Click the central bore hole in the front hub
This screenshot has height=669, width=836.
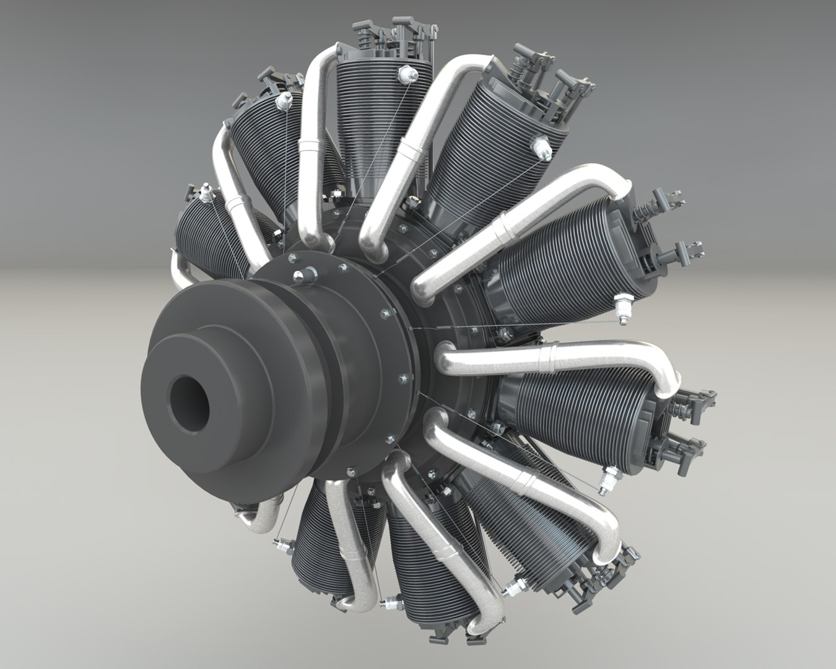(x=189, y=406)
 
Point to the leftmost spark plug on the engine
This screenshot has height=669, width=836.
(x=204, y=193)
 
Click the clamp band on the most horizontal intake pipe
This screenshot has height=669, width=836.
(x=548, y=359)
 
